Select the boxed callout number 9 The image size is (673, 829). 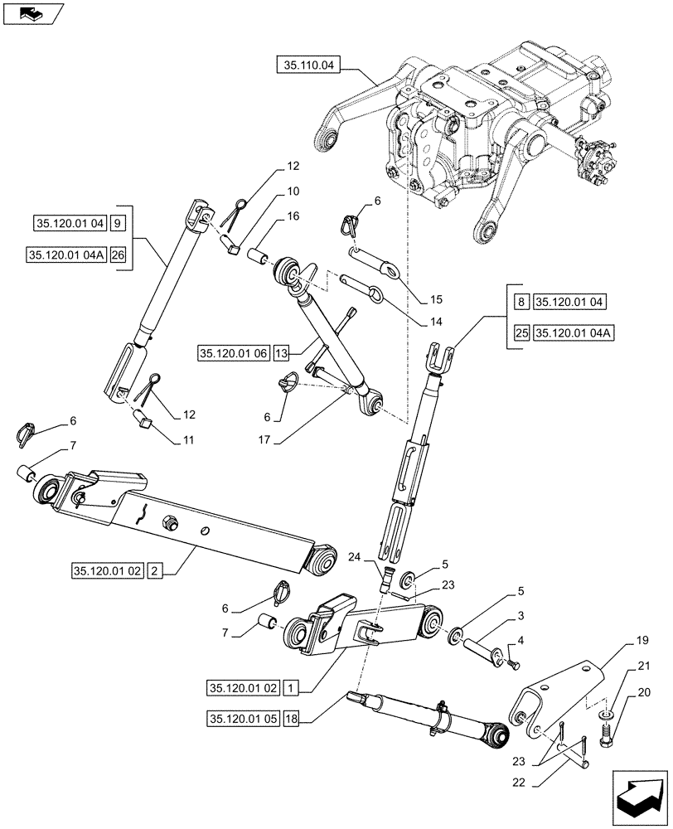coord(118,223)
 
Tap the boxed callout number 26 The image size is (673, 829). coord(118,255)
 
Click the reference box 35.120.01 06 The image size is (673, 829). coord(232,353)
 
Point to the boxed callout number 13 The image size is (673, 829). coord(281,353)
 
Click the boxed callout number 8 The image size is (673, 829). coord(520,302)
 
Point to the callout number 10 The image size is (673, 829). coord(270,191)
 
